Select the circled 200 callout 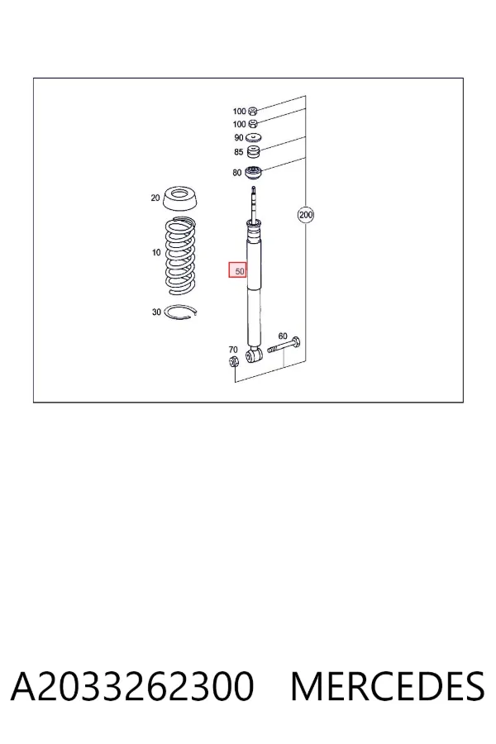[x=306, y=215]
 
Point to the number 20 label [x=155, y=198]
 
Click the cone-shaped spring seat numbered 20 [x=180, y=198]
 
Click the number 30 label [x=156, y=312]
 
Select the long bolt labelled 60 [x=284, y=346]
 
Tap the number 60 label [x=283, y=336]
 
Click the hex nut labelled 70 [x=233, y=362]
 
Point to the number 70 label [x=232, y=351]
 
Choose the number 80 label [x=237, y=173]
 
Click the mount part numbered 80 [x=254, y=173]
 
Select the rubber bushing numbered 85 [x=254, y=152]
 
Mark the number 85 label [x=238, y=152]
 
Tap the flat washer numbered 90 [x=255, y=137]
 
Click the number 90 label [x=238, y=137]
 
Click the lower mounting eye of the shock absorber [x=254, y=355]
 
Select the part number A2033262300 [x=132, y=686]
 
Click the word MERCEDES [x=388, y=686]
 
